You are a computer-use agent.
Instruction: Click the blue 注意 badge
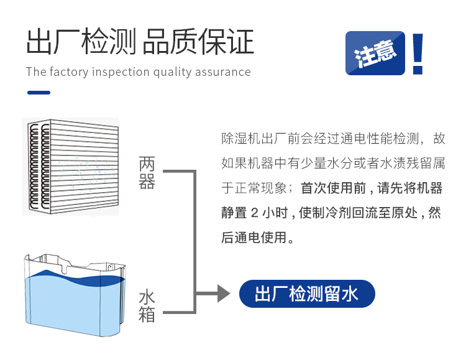(375, 53)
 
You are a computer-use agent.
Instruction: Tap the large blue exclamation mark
(418, 53)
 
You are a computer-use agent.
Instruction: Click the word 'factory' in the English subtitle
(69, 72)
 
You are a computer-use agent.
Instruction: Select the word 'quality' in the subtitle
(172, 73)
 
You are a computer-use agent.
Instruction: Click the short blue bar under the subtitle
(39, 93)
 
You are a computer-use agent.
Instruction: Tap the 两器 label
(147, 173)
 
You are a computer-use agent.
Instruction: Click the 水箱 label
(147, 306)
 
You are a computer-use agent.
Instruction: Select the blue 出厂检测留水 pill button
(307, 293)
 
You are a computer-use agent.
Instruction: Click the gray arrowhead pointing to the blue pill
(224, 293)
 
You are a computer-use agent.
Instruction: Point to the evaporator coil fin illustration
(70, 167)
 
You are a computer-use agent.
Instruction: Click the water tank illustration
(75, 295)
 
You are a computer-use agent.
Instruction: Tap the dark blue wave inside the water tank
(75, 279)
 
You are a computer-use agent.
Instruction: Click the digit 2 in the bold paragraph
(254, 213)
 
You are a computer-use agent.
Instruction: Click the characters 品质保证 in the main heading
(198, 42)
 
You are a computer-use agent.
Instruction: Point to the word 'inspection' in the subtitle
(121, 72)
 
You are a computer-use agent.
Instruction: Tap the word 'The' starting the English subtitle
(36, 72)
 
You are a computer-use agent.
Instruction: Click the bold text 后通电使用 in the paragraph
(254, 238)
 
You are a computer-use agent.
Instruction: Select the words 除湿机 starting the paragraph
(241, 139)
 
